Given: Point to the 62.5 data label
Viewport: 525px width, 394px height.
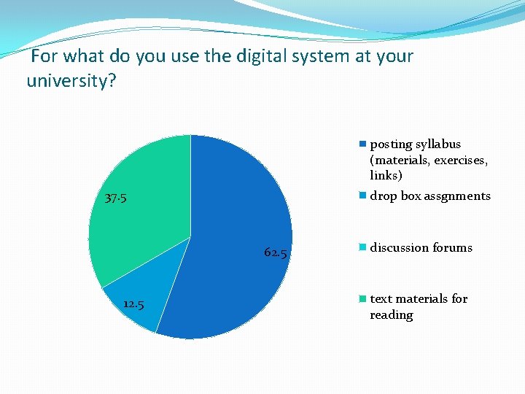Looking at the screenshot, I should coord(276,253).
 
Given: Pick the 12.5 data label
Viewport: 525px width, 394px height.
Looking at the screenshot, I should coord(133,304).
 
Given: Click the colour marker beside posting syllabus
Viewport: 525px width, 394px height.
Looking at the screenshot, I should coord(362,144).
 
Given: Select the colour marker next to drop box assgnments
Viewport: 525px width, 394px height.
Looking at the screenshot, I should coord(362,196).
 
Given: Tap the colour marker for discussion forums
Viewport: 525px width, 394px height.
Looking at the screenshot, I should coord(362,248).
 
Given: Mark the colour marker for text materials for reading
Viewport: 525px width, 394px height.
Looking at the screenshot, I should coord(362,299).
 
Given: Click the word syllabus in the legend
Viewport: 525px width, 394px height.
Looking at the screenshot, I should coord(438,144).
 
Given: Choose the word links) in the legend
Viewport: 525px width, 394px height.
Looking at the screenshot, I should coord(386,176).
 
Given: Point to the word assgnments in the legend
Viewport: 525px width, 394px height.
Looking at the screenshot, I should coord(456,196).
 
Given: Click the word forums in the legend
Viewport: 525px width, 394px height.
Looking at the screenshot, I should coord(452,248).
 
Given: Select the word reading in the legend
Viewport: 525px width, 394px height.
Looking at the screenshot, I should coord(392,315).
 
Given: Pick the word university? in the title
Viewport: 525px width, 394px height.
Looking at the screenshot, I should coord(71,80).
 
